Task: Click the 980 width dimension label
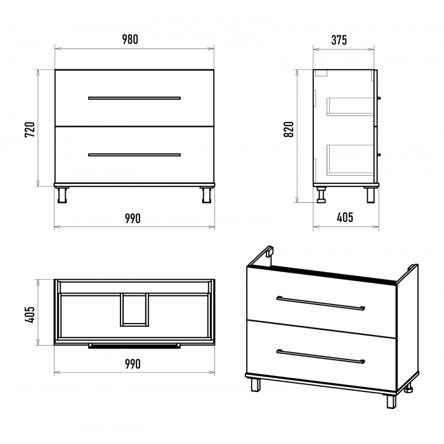130,39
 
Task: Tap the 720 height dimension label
30,129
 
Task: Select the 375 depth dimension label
339,40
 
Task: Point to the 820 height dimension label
289,129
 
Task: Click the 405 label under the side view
345,218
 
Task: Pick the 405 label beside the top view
30,315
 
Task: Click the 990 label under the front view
133,219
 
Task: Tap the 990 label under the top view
133,364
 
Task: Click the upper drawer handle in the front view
134,98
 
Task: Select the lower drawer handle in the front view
134,155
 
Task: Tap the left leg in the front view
62,195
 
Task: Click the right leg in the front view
206,195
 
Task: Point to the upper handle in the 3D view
321,303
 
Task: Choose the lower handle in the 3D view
321,356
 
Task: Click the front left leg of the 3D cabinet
256,385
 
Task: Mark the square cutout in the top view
134,310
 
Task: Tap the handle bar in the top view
134,346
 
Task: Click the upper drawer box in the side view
351,107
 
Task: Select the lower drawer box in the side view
351,160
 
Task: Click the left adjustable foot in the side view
322,195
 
